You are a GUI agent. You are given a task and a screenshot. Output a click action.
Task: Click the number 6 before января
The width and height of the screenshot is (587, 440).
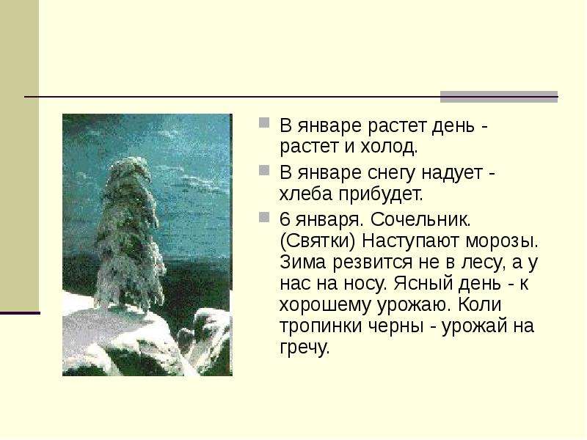285,219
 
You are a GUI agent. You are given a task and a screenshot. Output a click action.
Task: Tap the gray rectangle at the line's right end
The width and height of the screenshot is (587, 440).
498,97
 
